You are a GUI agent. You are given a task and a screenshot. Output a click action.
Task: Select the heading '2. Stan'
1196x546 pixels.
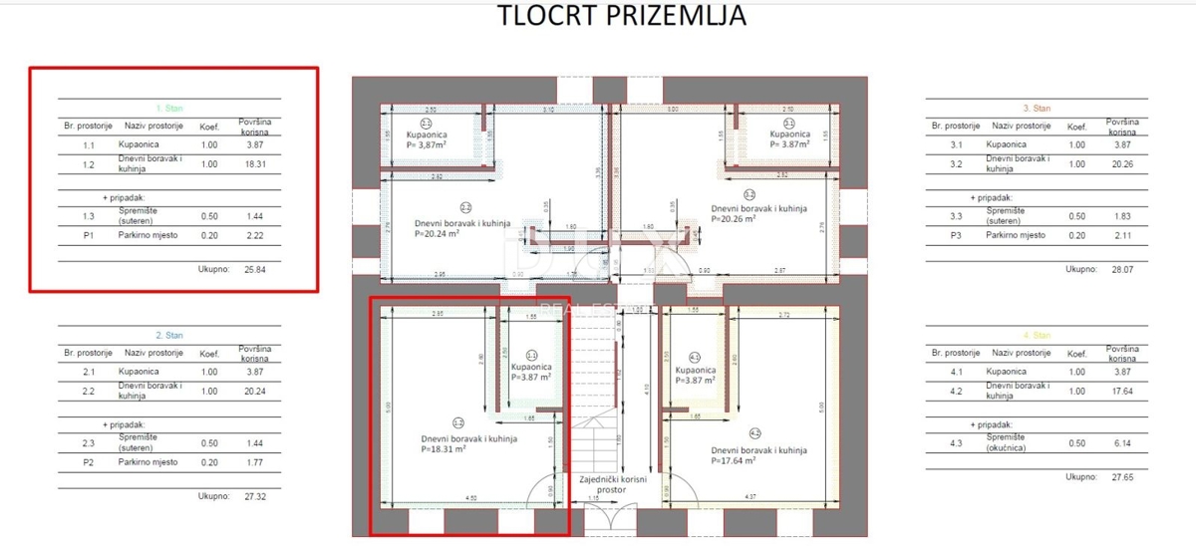(169, 336)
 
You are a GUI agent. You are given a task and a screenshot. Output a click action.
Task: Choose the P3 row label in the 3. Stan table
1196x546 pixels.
(955, 235)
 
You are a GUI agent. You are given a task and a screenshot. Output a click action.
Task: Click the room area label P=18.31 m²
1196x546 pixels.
(429, 449)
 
